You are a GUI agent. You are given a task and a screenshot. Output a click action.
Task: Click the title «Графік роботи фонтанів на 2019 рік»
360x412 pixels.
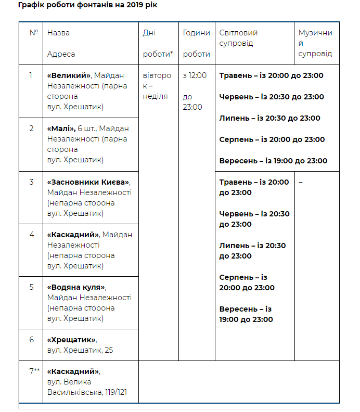(x=87, y=5)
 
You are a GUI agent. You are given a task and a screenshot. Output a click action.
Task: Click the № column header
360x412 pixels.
(x=34, y=33)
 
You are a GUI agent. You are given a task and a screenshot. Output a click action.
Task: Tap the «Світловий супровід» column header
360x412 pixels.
(x=238, y=38)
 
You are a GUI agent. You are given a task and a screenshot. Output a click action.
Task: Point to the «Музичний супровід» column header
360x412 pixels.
(x=315, y=43)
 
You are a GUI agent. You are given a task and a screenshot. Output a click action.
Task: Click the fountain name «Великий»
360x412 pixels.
(x=69, y=75)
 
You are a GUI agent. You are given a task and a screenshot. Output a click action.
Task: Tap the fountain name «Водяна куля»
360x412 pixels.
(x=76, y=287)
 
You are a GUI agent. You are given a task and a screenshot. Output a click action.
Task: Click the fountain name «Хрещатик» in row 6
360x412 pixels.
(x=71, y=340)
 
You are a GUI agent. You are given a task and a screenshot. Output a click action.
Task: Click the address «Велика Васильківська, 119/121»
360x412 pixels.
(x=86, y=387)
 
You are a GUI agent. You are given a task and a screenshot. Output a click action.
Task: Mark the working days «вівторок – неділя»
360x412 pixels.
(x=157, y=86)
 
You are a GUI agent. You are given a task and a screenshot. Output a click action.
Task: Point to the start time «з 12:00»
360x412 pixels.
(x=195, y=75)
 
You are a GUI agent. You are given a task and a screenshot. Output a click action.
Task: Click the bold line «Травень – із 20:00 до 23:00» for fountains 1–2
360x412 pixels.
(x=271, y=75)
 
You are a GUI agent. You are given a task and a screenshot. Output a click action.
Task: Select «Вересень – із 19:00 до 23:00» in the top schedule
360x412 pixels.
(x=273, y=161)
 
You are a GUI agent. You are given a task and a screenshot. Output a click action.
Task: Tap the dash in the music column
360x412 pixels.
(x=301, y=182)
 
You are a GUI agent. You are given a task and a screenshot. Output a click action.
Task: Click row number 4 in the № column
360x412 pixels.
(x=31, y=235)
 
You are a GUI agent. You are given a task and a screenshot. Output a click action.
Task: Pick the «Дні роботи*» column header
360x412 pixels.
(x=158, y=43)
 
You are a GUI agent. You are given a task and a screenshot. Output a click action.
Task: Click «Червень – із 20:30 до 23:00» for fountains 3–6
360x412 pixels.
(x=254, y=219)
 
